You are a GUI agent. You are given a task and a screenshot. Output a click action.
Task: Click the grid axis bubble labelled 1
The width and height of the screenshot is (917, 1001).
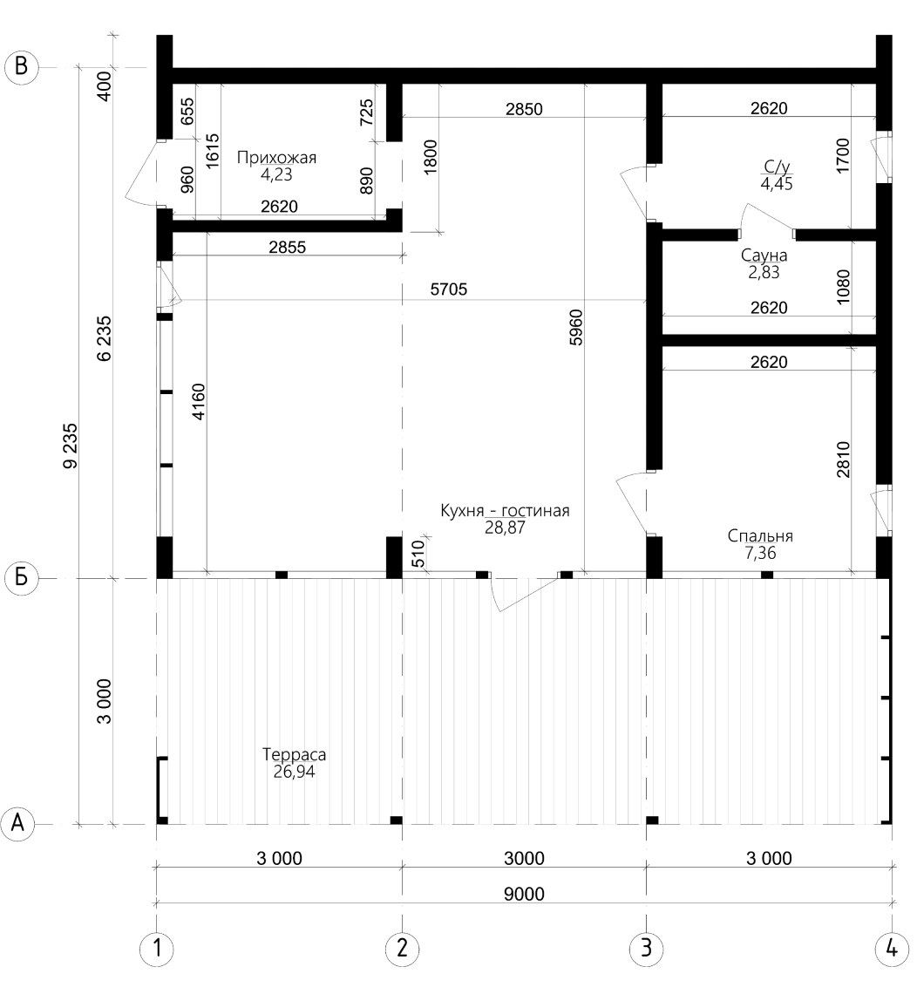pos(156,949)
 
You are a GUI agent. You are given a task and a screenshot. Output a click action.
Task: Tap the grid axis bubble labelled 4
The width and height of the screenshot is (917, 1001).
pos(892,949)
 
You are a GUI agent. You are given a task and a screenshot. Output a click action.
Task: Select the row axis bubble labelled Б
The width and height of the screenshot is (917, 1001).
pos(21,578)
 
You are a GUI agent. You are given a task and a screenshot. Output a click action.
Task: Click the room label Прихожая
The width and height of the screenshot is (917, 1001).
pos(276,158)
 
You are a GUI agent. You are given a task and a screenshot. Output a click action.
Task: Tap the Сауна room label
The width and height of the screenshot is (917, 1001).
pos(764,255)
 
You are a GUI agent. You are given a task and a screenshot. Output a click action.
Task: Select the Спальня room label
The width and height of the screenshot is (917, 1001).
pos(760,535)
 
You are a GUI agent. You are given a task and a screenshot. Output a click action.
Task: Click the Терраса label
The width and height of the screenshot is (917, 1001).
pos(294,754)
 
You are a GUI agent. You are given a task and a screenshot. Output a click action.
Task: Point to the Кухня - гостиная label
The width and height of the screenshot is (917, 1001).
pos(505,511)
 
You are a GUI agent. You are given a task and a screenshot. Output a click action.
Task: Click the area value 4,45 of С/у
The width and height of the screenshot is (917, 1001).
pos(777,184)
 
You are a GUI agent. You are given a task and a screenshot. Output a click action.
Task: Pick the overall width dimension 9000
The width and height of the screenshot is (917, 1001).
pos(524,894)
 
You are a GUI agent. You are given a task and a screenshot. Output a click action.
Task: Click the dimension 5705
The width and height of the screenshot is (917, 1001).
pos(449,289)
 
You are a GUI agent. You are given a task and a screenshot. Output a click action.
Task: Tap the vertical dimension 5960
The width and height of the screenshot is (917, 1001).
pos(575,328)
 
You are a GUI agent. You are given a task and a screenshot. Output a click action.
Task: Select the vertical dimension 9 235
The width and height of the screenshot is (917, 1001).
pos(71,446)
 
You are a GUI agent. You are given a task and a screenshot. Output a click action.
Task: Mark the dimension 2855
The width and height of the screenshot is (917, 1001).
pos(287,247)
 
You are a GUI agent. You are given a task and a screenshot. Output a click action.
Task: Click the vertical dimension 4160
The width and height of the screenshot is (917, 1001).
pos(199,402)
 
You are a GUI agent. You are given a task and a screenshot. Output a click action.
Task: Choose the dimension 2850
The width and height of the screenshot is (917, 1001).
pos(524,109)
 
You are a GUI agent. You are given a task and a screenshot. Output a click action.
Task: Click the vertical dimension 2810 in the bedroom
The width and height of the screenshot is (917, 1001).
pos(843,459)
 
